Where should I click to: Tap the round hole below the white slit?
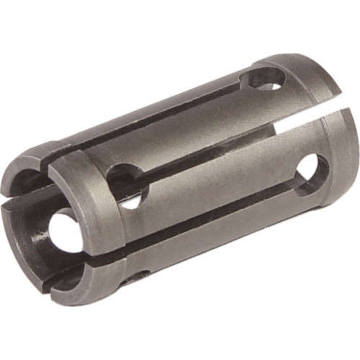307,169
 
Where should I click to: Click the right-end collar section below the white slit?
338,166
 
